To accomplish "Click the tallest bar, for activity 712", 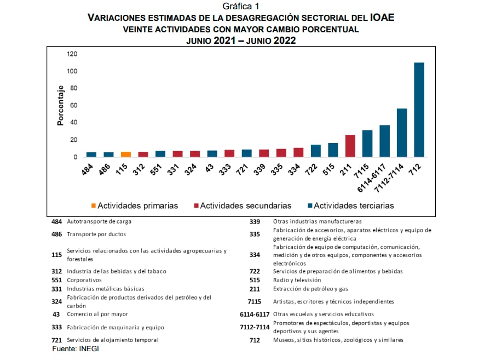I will pyautogui.click(x=419, y=110).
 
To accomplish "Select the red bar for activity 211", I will pyautogui.click(x=350, y=146).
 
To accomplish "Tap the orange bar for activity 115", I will pyautogui.click(x=125, y=155).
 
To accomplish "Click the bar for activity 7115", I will pyautogui.click(x=367, y=144).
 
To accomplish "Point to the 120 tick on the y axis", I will pyautogui.click(x=72, y=54).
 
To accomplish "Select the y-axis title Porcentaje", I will pyautogui.click(x=61, y=106).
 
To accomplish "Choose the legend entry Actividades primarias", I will pyautogui.click(x=135, y=206).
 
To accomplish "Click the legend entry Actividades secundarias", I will pyautogui.click(x=243, y=206).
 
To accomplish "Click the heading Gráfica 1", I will pyautogui.click(x=241, y=6).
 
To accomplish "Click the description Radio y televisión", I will pyautogui.click(x=297, y=280).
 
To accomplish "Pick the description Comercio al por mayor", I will pyautogui.click(x=97, y=315).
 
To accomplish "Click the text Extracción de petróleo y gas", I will pyautogui.click(x=310, y=289).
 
